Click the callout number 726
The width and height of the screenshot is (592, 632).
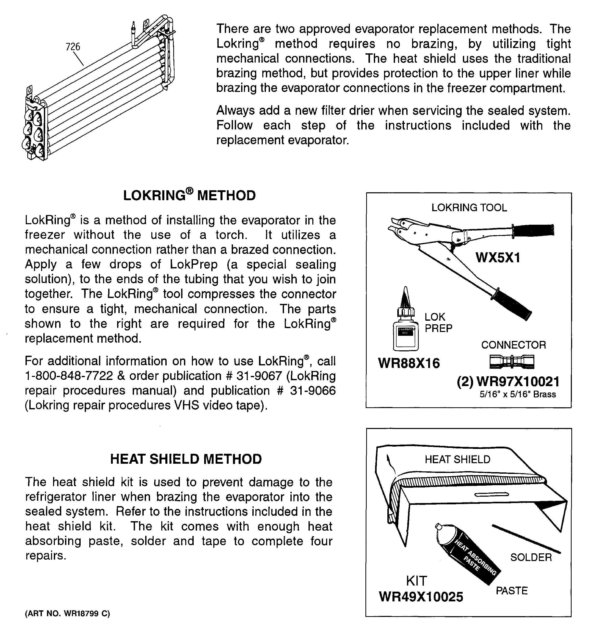point(73,47)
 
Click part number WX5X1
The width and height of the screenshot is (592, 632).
point(498,257)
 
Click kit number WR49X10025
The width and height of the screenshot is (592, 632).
point(421,597)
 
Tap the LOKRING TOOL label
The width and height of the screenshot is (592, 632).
point(469,208)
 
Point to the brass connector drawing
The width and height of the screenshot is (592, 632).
point(512,362)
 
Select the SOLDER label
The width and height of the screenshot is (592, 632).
point(531,557)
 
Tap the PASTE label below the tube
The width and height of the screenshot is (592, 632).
point(512,591)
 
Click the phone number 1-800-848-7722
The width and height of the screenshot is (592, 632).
point(69,376)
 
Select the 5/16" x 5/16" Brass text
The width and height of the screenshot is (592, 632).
point(518,395)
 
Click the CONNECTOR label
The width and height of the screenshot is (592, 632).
point(513,345)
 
